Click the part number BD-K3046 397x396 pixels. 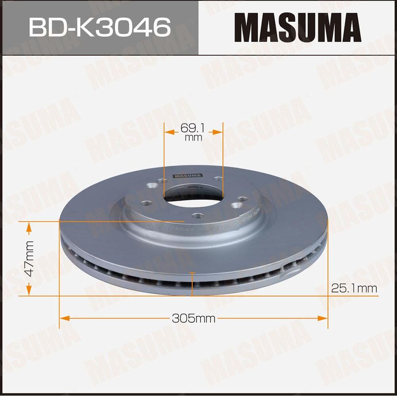pos(99,27)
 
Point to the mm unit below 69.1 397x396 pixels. pos(193,138)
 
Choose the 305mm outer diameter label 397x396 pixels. pos(193,318)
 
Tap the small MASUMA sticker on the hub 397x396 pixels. pos(187,176)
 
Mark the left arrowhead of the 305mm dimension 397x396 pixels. pos(64,318)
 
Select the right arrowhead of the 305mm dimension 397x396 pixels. pos(323,318)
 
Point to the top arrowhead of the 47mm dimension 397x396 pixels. pos(29,227)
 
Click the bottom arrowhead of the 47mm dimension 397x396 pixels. pos(29,291)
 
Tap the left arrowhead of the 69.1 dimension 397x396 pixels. pos(168,131)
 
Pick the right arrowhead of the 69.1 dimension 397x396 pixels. pos(218,131)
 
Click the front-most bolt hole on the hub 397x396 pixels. pos(196,216)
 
